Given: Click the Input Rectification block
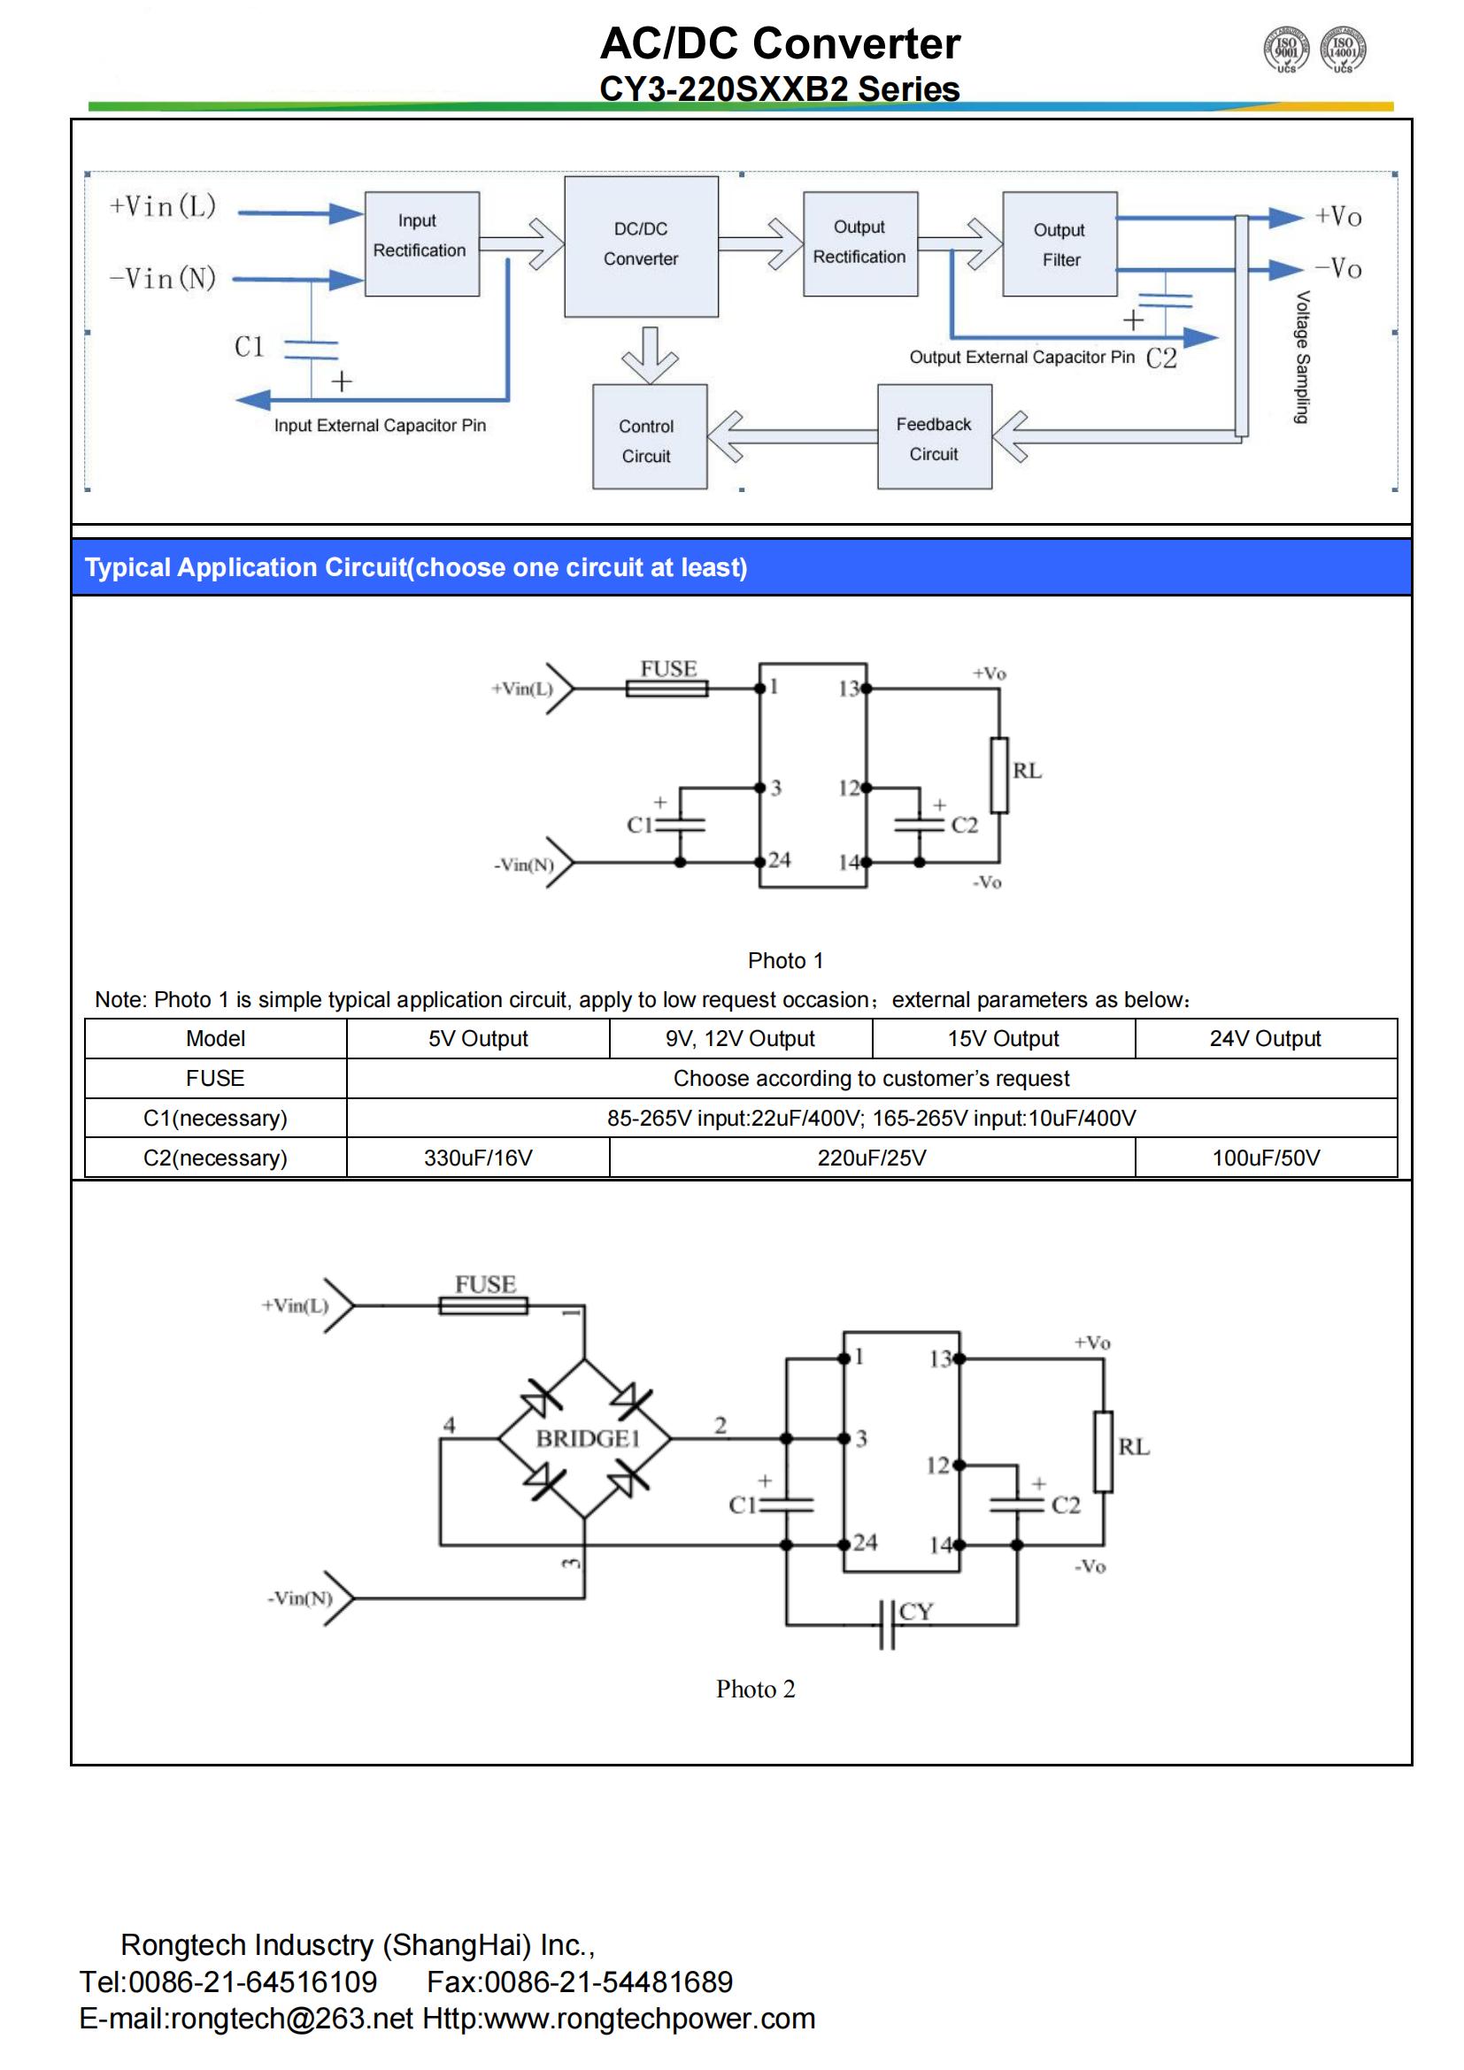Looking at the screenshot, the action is click(422, 243).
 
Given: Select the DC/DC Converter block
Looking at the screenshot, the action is click(641, 246).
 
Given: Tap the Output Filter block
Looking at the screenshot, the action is click(1060, 243).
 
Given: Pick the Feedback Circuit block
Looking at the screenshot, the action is click(935, 437).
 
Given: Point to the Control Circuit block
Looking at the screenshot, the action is click(650, 437).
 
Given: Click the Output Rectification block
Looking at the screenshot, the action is click(861, 243).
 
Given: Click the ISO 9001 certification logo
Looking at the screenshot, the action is click(1286, 49).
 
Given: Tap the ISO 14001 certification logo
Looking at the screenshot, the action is click(1344, 49).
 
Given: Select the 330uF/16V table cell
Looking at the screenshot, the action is click(478, 1158).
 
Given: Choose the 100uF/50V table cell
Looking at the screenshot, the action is click(1266, 1158).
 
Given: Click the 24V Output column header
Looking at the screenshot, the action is click(1266, 1039).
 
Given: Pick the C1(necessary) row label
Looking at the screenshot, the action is click(215, 1118).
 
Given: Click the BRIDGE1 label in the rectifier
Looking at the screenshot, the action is click(588, 1438).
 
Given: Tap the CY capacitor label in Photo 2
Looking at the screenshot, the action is click(916, 1610).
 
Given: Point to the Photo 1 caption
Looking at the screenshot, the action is click(785, 960).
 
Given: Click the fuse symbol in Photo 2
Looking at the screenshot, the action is click(483, 1304).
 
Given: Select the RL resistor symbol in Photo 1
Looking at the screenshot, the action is click(998, 775).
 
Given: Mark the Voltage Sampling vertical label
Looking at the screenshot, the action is click(1303, 357).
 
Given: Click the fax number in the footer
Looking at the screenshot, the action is click(580, 1981).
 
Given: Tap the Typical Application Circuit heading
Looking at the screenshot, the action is click(416, 567).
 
